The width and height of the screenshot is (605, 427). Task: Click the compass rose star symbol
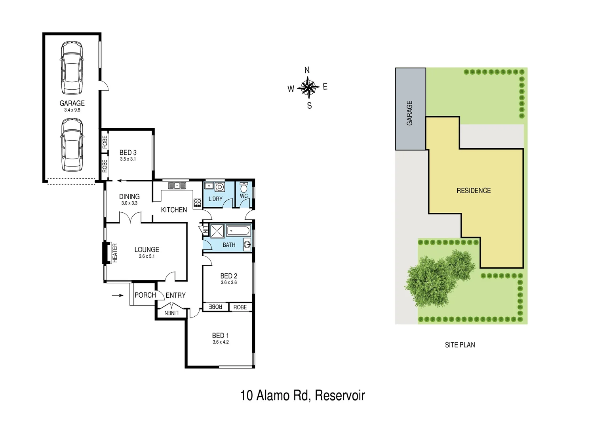click(308, 87)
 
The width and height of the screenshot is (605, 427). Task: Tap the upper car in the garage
click(72, 68)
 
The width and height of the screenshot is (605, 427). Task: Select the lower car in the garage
click(72, 145)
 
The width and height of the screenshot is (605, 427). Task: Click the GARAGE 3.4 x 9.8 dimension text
click(72, 110)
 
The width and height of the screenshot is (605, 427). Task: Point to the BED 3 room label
click(128, 153)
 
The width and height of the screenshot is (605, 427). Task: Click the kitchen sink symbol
click(177, 185)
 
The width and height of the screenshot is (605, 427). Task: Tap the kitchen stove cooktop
click(197, 203)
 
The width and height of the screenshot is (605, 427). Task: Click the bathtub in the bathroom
click(238, 231)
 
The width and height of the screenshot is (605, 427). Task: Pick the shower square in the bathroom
click(217, 231)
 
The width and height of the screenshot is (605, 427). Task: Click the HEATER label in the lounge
click(115, 253)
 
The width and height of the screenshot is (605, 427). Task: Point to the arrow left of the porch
click(118, 295)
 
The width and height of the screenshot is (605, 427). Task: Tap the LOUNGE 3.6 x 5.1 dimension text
click(146, 256)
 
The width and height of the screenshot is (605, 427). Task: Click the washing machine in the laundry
click(220, 187)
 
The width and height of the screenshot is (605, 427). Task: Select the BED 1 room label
click(220, 336)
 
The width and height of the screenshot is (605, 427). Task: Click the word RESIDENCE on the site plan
click(474, 191)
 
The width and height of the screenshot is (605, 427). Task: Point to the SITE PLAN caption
click(460, 345)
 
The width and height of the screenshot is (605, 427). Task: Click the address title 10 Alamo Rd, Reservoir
click(302, 395)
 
